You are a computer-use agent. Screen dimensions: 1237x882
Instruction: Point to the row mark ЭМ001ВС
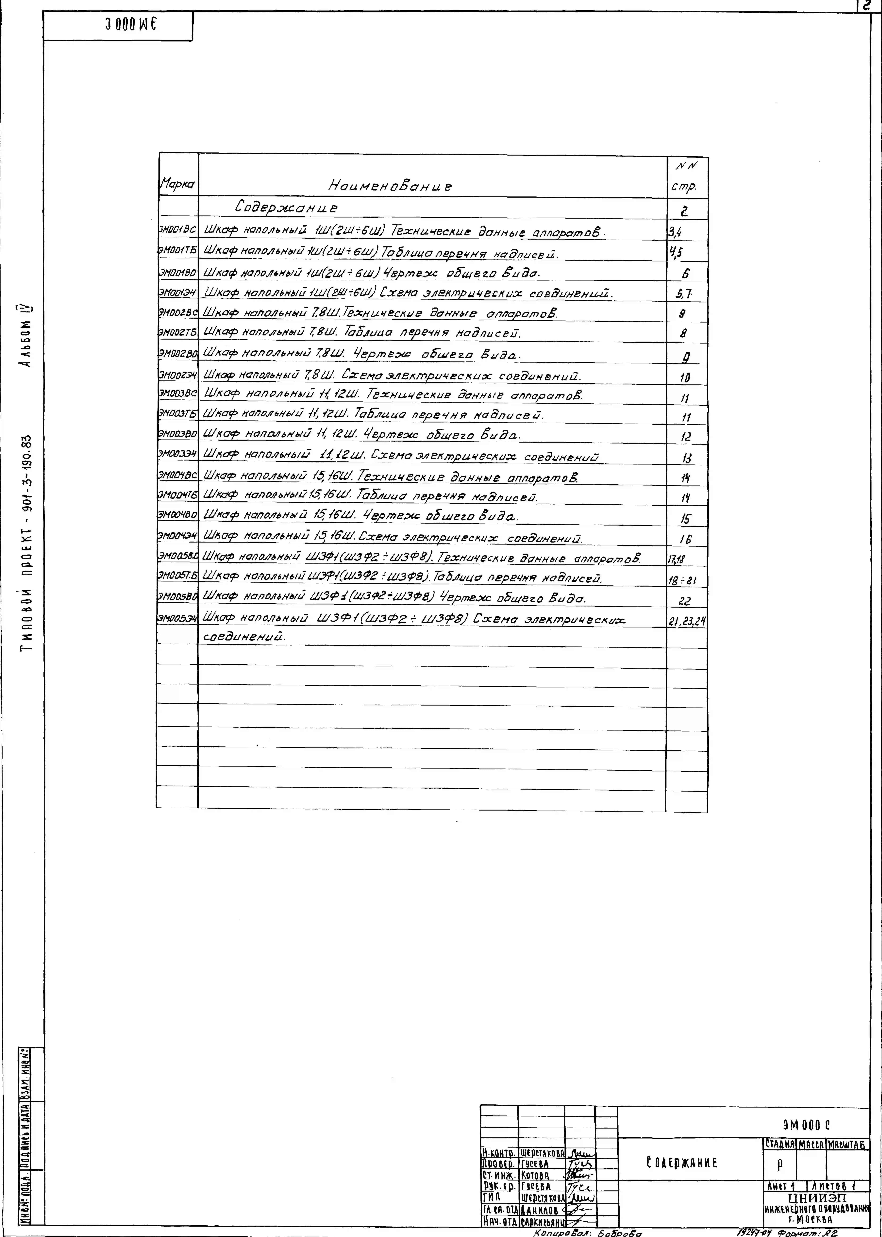coord(177,230)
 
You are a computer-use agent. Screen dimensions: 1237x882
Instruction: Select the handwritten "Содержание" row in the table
coord(286,207)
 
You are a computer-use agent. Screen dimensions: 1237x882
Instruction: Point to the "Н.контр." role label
coord(499,1152)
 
